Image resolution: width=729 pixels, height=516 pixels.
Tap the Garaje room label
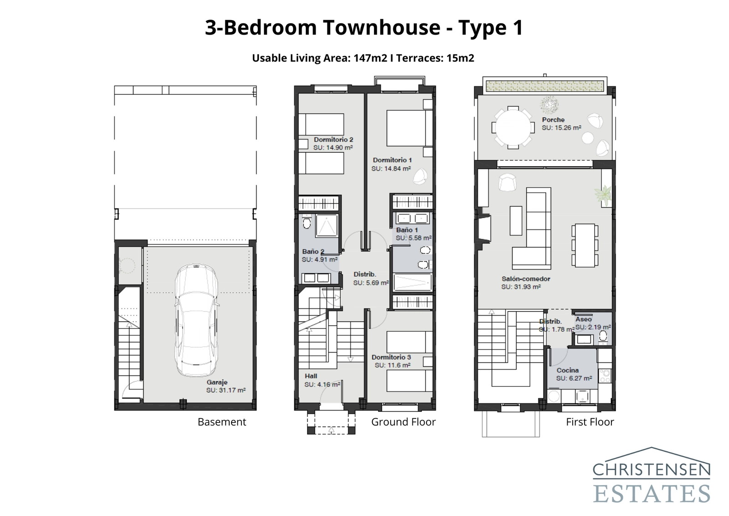click(217, 382)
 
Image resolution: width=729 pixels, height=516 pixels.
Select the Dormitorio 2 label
click(334, 140)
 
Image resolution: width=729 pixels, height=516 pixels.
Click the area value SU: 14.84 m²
click(391, 168)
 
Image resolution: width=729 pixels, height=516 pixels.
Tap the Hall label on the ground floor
click(311, 376)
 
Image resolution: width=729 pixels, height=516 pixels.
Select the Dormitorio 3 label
click(391, 357)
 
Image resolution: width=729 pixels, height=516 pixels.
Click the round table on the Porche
click(513, 127)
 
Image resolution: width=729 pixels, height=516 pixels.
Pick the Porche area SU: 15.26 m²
click(561, 128)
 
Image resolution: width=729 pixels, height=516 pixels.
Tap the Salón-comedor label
click(526, 279)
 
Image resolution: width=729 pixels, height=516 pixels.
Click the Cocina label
click(567, 370)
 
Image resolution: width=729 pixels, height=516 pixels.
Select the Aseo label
click(583, 319)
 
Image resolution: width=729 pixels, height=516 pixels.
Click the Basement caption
click(221, 422)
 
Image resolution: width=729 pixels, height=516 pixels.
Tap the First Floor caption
click(590, 422)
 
